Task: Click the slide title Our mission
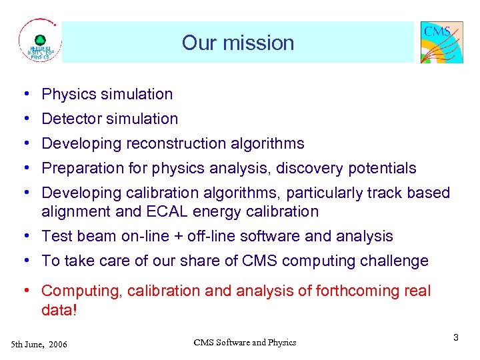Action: coord(237,43)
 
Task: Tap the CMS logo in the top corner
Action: coord(441,42)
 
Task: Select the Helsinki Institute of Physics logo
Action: coord(39,42)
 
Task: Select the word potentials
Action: coord(383,168)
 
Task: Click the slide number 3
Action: coord(455,338)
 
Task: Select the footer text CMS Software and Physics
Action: coord(245,343)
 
